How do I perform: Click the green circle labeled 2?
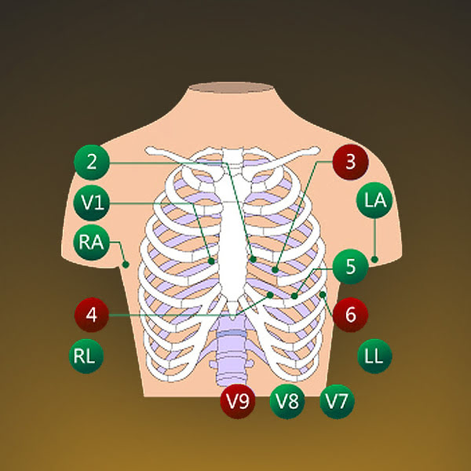[92, 162]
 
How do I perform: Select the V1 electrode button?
[92, 203]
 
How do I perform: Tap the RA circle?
[92, 242]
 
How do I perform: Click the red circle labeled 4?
[92, 315]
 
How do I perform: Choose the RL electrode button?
[86, 356]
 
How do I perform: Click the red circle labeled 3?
[351, 162]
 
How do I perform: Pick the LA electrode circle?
[374, 200]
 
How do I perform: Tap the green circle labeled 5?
[351, 266]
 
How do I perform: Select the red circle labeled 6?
[351, 315]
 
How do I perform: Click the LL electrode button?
[374, 356]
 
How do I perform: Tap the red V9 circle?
[238, 401]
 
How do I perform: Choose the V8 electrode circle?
[287, 401]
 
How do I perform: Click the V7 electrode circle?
[337, 401]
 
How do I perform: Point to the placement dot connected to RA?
[126, 265]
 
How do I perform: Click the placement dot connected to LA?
[374, 259]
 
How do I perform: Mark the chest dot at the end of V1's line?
[211, 261]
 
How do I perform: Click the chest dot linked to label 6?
[323, 294]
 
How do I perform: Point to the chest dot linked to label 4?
[270, 295]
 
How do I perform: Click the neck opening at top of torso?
[231, 87]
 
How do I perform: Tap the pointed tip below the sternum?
[232, 319]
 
